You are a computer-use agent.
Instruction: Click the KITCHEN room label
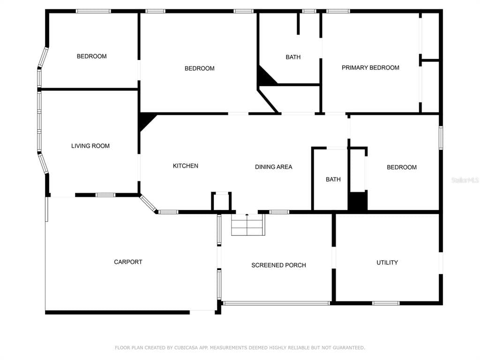coord(186,166)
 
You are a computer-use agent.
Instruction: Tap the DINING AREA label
coord(273,167)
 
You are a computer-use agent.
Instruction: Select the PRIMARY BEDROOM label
coord(370,67)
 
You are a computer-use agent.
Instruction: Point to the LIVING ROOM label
coord(90,146)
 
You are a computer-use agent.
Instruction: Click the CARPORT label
coord(128,262)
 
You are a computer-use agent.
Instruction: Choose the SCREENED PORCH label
coord(278,265)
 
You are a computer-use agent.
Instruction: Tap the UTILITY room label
coord(387,262)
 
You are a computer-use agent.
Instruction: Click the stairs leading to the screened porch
coord(248,225)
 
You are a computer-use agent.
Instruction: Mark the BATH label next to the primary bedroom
coord(293,57)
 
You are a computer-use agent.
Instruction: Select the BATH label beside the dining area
coord(333,180)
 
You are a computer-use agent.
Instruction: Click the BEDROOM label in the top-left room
coord(91,56)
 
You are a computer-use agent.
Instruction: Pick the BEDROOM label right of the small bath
coord(401,167)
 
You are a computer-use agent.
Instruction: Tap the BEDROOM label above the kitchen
coord(199,68)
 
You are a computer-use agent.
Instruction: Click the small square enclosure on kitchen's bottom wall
coord(221,202)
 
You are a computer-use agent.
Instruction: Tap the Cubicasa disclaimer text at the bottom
coord(240,348)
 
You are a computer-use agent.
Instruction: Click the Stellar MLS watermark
coord(465,180)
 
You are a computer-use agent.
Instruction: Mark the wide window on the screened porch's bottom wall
coord(277,303)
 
